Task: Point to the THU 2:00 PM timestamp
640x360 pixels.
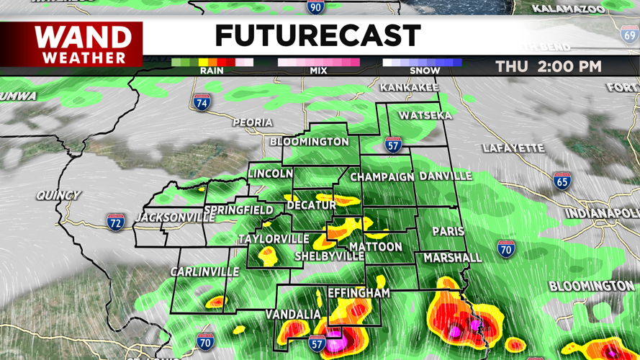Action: click(x=548, y=66)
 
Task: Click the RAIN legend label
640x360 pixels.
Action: click(x=212, y=71)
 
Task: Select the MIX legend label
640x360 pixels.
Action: click(x=318, y=71)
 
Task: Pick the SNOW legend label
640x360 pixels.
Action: click(x=425, y=71)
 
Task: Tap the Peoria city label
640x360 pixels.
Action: click(x=253, y=123)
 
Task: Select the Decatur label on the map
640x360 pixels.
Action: click(x=312, y=206)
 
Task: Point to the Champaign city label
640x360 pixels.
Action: click(x=382, y=176)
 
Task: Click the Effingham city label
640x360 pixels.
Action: click(x=359, y=293)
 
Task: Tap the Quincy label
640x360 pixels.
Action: click(x=59, y=195)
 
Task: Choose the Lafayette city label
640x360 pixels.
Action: click(x=513, y=148)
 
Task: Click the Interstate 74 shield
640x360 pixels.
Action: click(x=202, y=102)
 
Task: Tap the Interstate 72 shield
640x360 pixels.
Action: click(x=115, y=221)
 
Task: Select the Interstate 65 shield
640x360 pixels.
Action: click(x=562, y=181)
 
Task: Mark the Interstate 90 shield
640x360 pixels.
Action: click(x=315, y=7)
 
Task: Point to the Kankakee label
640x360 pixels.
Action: click(x=409, y=87)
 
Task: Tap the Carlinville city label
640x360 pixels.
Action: click(x=204, y=271)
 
